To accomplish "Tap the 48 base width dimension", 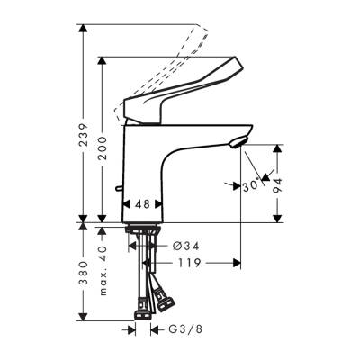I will [141, 205].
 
